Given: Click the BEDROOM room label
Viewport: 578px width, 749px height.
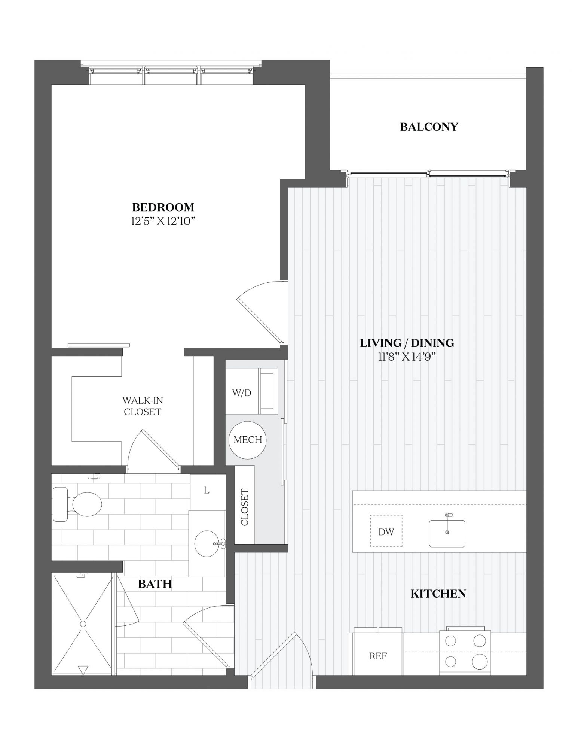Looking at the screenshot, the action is (x=163, y=207).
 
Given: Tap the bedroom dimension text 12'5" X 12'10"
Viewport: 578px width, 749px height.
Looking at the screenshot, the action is (x=163, y=221).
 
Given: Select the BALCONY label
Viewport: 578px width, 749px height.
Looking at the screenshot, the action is (x=429, y=127).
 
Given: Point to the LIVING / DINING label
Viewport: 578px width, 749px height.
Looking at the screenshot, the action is (x=407, y=343).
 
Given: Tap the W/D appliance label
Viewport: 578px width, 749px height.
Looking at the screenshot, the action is (x=242, y=393).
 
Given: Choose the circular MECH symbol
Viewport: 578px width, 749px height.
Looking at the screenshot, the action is (x=248, y=440).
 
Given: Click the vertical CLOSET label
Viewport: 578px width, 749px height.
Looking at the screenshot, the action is (x=245, y=507).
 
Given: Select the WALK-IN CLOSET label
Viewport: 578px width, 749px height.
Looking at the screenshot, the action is (x=143, y=406).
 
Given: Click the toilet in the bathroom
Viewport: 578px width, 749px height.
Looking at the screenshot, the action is (x=77, y=504).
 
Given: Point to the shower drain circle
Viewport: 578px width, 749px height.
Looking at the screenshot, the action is (x=83, y=624).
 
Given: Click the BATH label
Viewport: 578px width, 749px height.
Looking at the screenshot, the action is (x=155, y=584).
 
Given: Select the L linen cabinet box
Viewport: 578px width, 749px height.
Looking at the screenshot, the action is (x=208, y=492).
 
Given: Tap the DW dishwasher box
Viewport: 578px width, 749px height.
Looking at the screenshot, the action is (x=386, y=531).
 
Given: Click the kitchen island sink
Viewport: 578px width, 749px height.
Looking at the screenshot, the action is (x=447, y=533).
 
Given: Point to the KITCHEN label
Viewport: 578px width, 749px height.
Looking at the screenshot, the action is (x=438, y=594).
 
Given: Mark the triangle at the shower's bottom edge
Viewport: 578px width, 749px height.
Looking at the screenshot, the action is (x=83, y=670).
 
